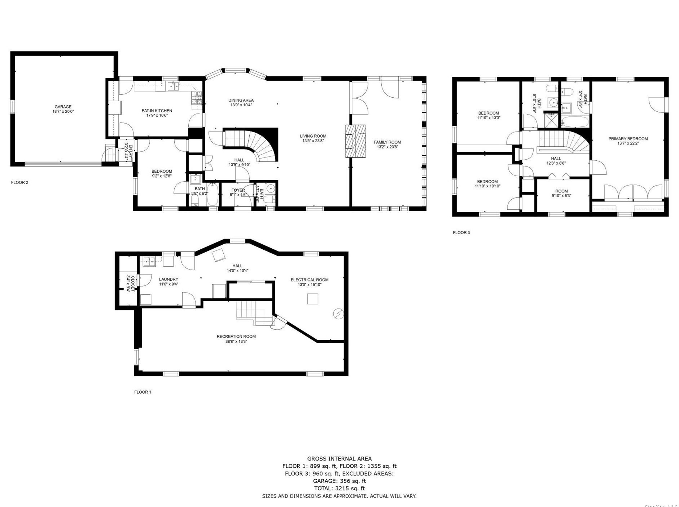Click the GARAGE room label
click(x=63, y=107)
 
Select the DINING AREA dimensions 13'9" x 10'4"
click(x=241, y=105)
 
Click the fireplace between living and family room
click(x=355, y=141)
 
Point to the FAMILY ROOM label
click(x=387, y=142)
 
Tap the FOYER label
click(x=238, y=190)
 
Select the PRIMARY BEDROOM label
click(x=628, y=139)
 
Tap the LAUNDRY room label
click(x=168, y=279)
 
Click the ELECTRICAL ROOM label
click(x=309, y=280)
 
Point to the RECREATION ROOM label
click(x=236, y=337)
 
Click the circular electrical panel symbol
click(x=338, y=314)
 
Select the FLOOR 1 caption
click(x=143, y=392)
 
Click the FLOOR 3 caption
click(x=461, y=232)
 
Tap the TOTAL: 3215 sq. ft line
click(x=339, y=488)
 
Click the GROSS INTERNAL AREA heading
click(x=339, y=459)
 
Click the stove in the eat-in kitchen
click(x=197, y=98)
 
